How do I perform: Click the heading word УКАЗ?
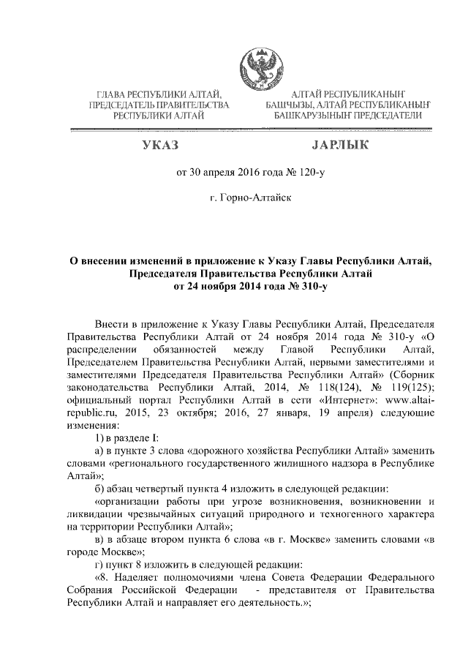pos(160,147)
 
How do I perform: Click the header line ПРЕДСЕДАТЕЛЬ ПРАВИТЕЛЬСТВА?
pos(159,105)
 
